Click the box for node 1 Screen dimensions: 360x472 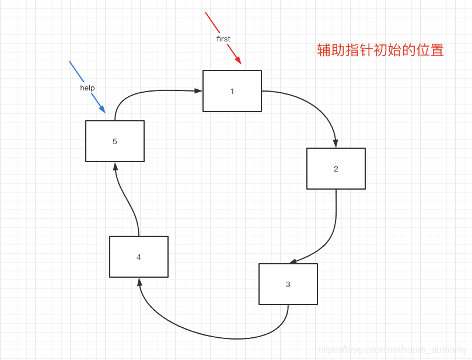[232, 90]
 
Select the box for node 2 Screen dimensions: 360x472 [335, 169]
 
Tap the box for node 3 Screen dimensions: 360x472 [288, 284]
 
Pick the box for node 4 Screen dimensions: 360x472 [138, 257]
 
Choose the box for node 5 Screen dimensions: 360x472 [114, 141]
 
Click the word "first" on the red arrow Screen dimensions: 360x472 [223, 39]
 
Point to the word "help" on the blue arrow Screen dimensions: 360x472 [88, 88]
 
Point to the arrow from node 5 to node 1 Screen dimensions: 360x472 [152, 91]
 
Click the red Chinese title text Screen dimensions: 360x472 [380, 50]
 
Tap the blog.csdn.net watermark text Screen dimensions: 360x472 [392, 349]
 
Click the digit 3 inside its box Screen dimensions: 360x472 [288, 285]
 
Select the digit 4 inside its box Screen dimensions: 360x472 [138, 257]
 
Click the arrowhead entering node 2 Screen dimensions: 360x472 [335, 144]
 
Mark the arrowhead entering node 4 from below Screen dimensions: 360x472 [139, 282]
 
